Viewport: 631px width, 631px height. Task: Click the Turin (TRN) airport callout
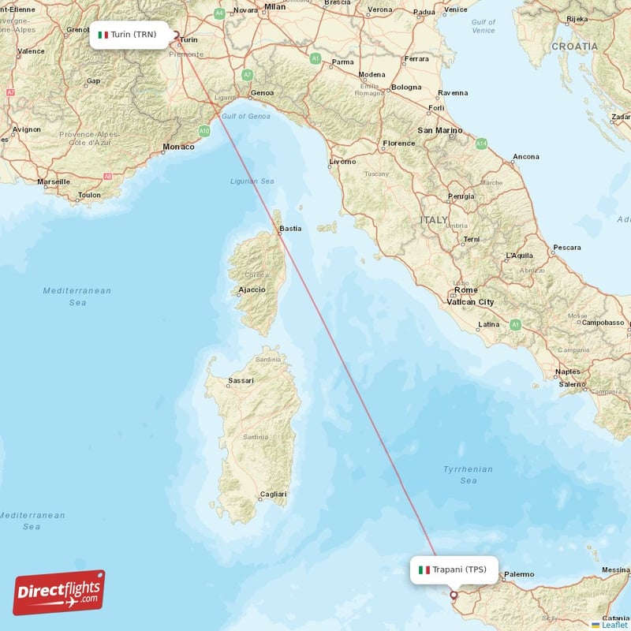point(129,35)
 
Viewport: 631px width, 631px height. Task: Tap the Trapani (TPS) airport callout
point(454,569)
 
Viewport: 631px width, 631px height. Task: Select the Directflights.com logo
point(59,593)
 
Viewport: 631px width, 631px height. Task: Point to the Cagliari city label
point(273,494)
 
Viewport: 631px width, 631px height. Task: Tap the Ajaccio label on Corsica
point(251,290)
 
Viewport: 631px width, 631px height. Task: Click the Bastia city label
point(290,229)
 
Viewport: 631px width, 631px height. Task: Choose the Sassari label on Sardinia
point(241,381)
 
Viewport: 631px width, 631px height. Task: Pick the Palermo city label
point(519,574)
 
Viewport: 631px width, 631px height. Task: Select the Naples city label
point(567,372)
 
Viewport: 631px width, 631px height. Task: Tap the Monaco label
point(177,147)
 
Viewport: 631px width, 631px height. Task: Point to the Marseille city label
point(54,181)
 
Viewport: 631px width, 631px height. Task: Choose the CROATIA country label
point(574,47)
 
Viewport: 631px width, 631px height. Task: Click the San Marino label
point(439,129)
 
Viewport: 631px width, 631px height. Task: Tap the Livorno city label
point(342,162)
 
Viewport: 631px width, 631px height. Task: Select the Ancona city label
point(525,157)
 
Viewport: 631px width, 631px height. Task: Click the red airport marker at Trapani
point(454,596)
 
